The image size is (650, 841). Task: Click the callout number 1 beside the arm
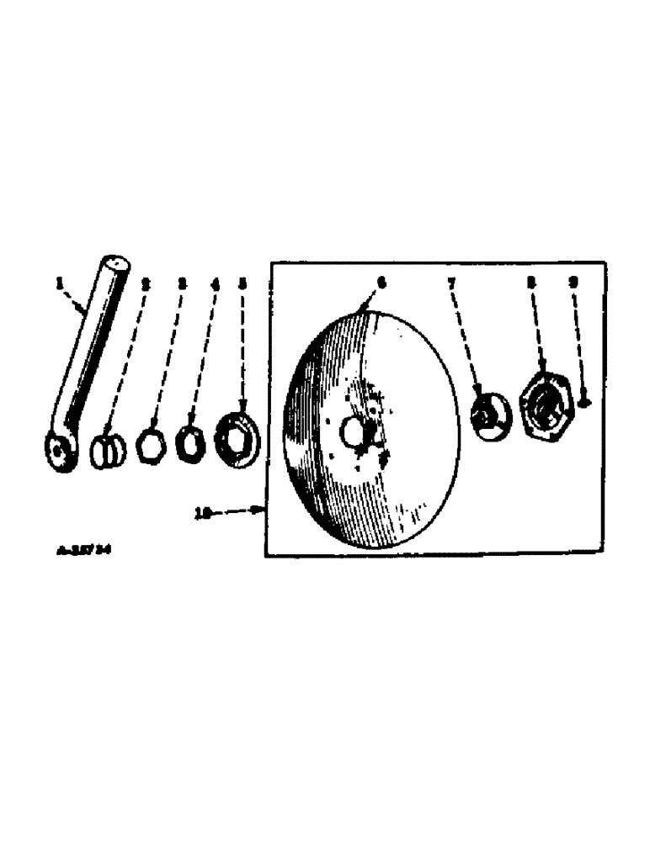click(x=60, y=285)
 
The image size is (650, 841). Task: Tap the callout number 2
click(x=145, y=285)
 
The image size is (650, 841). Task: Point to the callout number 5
click(x=242, y=285)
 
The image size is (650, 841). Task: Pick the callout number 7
click(x=451, y=284)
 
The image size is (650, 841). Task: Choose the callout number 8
click(x=530, y=284)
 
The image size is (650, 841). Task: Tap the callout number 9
click(x=573, y=284)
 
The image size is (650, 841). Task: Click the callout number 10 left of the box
click(x=202, y=513)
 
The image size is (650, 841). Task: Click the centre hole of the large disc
click(x=352, y=432)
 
